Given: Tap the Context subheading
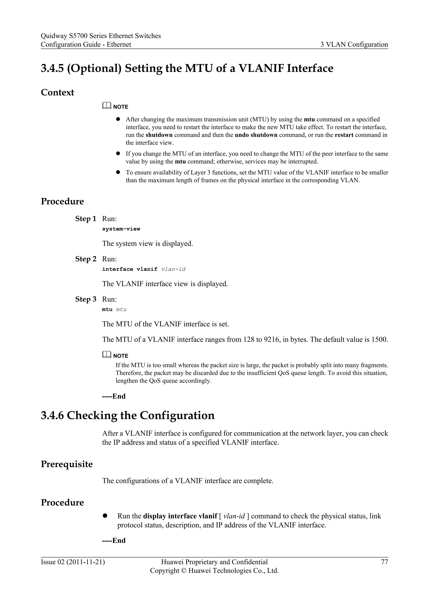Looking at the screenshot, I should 57,93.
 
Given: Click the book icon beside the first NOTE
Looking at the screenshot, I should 106,106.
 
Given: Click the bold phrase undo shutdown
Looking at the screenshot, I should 256,135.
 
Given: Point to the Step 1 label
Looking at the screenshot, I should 86,219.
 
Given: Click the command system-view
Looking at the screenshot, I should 121,229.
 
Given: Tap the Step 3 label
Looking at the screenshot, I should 86,299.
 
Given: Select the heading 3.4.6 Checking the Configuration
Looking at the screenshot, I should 128,415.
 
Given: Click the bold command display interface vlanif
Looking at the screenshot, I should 180,516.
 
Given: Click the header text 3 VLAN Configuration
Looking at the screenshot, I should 354,45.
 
